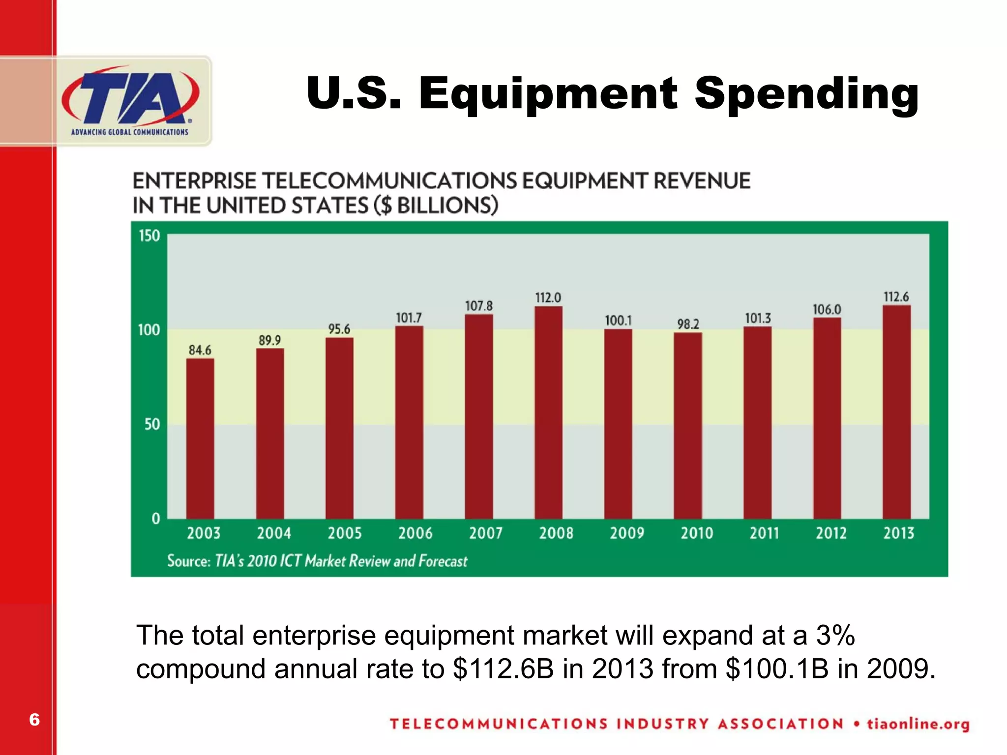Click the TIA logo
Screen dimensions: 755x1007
pyautogui.click(x=130, y=101)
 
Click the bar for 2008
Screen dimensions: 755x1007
pyautogui.click(x=548, y=413)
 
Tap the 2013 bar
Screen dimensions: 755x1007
pyautogui.click(x=896, y=412)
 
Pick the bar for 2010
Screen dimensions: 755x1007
pyautogui.click(x=688, y=425)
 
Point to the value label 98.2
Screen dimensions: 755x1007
pyautogui.click(x=688, y=324)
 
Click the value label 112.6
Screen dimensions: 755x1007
pyautogui.click(x=896, y=297)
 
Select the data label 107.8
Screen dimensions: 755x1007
pyautogui.click(x=478, y=306)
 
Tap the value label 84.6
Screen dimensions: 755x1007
pyautogui.click(x=200, y=350)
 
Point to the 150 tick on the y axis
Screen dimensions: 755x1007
pyautogui.click(x=149, y=236)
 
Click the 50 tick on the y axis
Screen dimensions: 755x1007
pyautogui.click(x=152, y=424)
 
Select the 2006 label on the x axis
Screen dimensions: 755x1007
pyautogui.click(x=415, y=533)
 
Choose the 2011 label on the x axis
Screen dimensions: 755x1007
pyautogui.click(x=764, y=533)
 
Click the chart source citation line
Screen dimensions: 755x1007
pyautogui.click(x=317, y=561)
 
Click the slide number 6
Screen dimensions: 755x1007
pyautogui.click(x=34, y=720)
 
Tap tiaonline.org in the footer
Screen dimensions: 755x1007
pyautogui.click(x=918, y=724)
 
